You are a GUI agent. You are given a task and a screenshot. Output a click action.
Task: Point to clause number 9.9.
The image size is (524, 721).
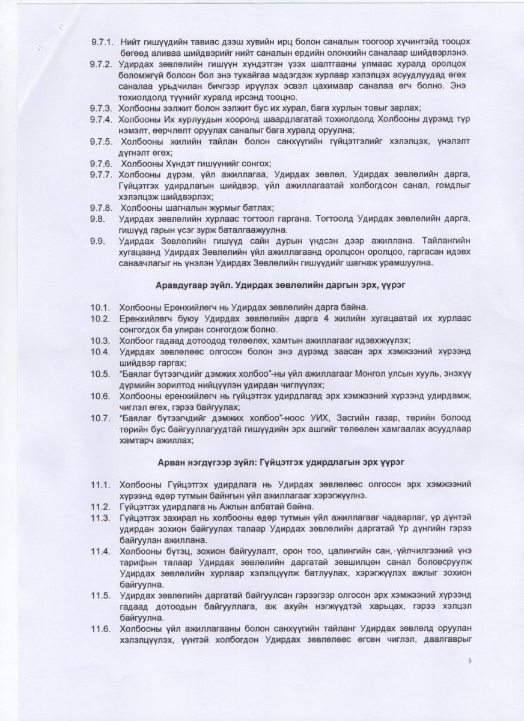pyautogui.click(x=98, y=240)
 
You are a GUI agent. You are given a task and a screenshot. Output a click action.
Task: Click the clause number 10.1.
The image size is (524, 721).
pyautogui.click(x=100, y=307)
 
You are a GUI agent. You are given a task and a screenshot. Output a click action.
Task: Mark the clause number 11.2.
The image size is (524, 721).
pyautogui.click(x=100, y=506)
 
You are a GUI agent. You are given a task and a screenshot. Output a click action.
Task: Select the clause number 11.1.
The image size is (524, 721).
pyautogui.click(x=100, y=484)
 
